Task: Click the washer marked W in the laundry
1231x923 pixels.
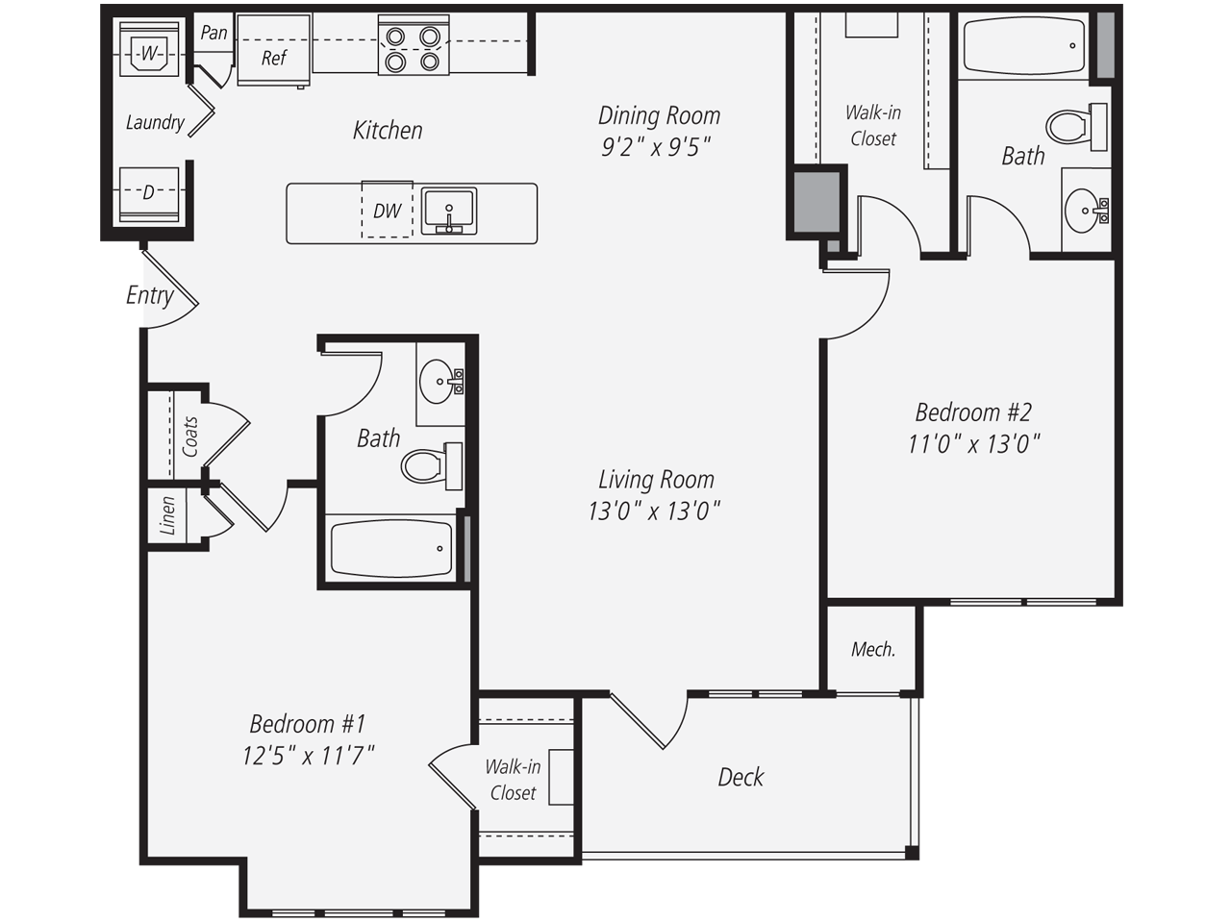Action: [147, 54]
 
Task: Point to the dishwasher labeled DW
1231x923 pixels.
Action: [387, 212]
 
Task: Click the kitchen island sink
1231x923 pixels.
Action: [448, 212]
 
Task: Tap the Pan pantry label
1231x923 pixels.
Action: [214, 33]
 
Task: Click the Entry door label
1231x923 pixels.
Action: [149, 295]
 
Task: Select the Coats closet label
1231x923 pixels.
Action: [189, 436]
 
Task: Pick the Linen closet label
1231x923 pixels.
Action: [168, 515]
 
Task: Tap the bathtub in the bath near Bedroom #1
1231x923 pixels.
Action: [390, 549]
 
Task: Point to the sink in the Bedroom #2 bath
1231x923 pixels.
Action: [1086, 209]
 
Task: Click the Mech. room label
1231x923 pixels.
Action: [872, 650]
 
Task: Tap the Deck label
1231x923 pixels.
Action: [741, 777]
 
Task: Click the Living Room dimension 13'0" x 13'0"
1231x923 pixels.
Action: [654, 511]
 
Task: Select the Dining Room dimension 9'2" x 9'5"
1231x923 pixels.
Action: [657, 147]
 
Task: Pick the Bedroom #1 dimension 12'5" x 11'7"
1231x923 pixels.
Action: [308, 756]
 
